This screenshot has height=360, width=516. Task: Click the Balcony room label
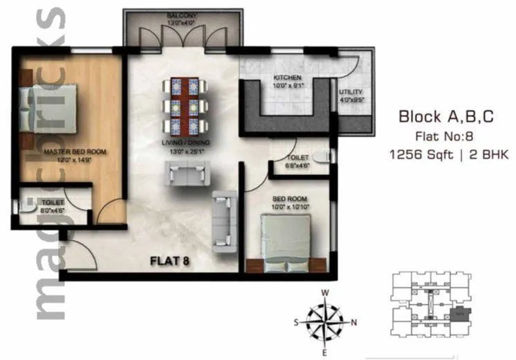(182, 15)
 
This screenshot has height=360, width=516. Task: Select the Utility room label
(351, 91)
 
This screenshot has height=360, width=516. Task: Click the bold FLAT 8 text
(170, 261)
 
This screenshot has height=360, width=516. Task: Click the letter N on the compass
(355, 321)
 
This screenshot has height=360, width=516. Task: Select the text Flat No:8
(446, 136)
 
